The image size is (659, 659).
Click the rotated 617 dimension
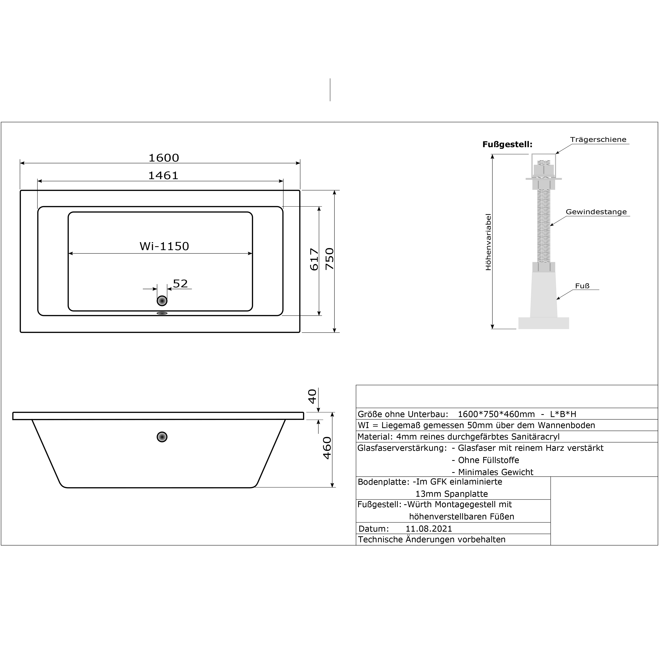point(314,260)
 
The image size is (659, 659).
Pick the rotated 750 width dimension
point(330,259)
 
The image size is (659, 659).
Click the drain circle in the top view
point(162,301)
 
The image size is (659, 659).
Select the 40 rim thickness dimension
point(313,396)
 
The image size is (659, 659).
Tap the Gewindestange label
point(596,212)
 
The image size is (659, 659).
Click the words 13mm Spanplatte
point(451,494)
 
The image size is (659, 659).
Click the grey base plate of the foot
point(543,323)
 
